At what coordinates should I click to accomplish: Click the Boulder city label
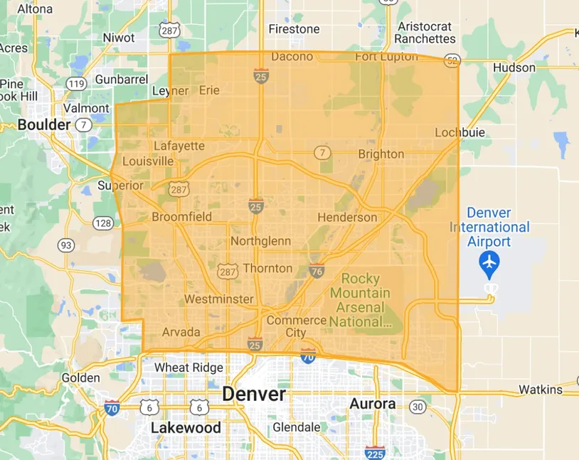[44, 124]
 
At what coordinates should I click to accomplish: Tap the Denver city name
[254, 394]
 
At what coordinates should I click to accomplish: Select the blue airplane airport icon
[489, 264]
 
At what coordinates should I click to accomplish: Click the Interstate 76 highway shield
[317, 270]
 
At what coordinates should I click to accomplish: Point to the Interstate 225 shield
[374, 452]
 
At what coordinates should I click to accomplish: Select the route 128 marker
[102, 223]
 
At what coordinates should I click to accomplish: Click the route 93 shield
[66, 245]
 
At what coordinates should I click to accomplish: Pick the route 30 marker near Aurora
[418, 407]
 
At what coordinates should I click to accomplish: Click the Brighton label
[381, 154]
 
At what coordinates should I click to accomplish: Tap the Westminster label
[218, 299]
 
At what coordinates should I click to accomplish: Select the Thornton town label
[267, 268]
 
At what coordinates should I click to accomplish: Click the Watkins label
[540, 390]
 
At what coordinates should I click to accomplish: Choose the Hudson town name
[514, 68]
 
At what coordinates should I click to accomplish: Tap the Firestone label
[294, 29]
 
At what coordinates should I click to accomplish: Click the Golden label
[80, 378]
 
